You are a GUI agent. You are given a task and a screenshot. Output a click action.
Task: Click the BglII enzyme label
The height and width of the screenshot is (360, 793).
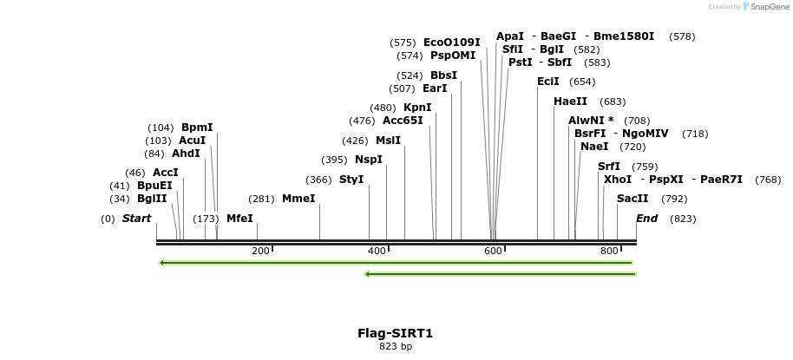pos(152,199)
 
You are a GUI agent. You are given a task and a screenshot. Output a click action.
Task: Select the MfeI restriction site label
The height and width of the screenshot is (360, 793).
pos(239,219)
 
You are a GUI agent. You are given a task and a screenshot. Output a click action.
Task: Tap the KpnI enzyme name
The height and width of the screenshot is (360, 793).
pos(417,108)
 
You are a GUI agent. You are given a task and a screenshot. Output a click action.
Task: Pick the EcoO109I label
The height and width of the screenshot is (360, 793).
pos(451,43)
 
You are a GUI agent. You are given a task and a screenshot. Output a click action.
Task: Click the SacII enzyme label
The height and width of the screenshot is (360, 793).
pos(632,199)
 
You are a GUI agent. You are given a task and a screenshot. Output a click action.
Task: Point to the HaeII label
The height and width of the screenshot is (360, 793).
pos(570,101)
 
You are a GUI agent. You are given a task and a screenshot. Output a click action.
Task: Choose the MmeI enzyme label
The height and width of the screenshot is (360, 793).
pos(298,199)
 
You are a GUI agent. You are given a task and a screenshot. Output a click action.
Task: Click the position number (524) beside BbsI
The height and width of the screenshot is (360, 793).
pos(410,75)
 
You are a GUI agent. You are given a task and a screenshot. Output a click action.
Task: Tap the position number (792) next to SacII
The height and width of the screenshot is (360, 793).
pos(674,199)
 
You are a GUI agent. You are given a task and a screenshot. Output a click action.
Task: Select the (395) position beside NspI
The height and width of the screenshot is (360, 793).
pos(334,160)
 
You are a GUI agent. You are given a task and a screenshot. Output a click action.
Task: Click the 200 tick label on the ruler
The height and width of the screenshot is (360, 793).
pos(260,251)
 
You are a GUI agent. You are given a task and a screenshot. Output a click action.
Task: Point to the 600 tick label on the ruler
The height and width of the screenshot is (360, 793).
pos(493,251)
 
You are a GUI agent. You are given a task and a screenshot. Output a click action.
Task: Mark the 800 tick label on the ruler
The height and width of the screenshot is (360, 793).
pos(609,251)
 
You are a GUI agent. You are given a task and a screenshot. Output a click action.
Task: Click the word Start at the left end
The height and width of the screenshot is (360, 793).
pos(136,219)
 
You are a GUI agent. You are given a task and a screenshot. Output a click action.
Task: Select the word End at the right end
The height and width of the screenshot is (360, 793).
pos(647,219)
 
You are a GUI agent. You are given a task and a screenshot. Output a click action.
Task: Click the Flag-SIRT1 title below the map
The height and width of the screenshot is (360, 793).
pos(395,333)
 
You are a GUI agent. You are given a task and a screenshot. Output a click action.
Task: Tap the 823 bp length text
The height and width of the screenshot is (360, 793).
pos(395,347)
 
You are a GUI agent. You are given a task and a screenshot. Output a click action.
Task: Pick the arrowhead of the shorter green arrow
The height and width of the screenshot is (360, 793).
pos(368,274)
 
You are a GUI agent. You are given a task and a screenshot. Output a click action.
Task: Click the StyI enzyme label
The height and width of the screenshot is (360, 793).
pos(351,180)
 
